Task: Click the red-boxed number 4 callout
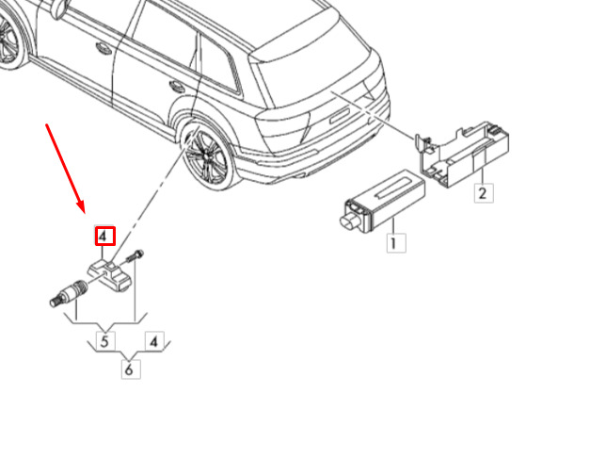pyautogui.click(x=105, y=236)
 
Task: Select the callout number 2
pyautogui.click(x=484, y=193)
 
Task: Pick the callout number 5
pyautogui.click(x=105, y=341)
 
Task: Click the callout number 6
pyautogui.click(x=131, y=369)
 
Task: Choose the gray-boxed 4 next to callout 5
pyautogui.click(x=154, y=341)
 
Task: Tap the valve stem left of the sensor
pyautogui.click(x=70, y=294)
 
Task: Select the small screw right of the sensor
pyautogui.click(x=135, y=256)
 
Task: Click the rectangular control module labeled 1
pyautogui.click(x=382, y=201)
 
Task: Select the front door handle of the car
pyautogui.click(x=104, y=48)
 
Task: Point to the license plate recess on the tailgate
pyautogui.click(x=340, y=116)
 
